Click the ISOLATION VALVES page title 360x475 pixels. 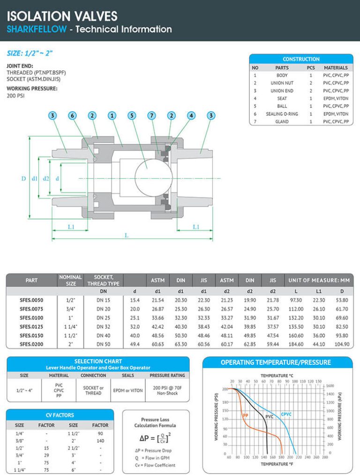(x=62, y=16)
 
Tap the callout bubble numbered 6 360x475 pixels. (x=72, y=115)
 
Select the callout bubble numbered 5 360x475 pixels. (x=132, y=115)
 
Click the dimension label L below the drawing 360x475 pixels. (x=127, y=235)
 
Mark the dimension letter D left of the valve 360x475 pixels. (x=23, y=178)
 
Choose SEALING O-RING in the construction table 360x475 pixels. (x=281, y=114)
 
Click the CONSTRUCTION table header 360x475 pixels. (x=301, y=59)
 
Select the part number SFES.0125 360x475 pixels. (x=31, y=327)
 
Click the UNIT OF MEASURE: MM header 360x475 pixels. (x=319, y=280)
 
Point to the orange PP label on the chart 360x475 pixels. (x=245, y=415)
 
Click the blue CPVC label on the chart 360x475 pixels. (x=286, y=414)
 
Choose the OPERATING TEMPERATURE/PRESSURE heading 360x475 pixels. (x=276, y=362)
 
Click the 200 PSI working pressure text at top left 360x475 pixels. (x=15, y=96)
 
